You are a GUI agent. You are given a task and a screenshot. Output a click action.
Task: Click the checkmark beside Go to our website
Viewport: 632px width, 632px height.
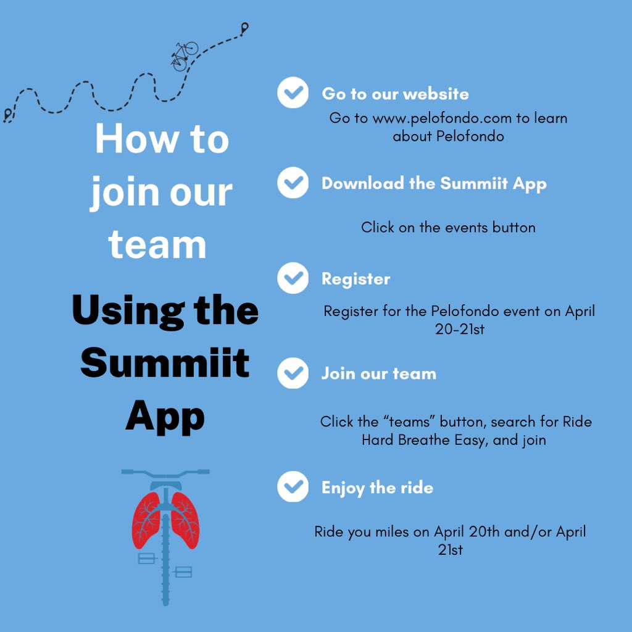[293, 93]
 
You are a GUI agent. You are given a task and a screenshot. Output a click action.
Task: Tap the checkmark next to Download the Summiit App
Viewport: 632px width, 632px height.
[293, 183]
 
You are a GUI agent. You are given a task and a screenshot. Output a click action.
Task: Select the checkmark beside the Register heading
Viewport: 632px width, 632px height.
[293, 278]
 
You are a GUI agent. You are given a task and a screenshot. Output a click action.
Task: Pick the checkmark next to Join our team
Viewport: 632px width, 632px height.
[293, 373]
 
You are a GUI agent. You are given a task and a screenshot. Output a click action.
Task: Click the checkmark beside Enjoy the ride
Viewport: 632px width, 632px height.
[293, 487]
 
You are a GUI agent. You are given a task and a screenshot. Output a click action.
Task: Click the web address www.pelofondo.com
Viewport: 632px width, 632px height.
[443, 118]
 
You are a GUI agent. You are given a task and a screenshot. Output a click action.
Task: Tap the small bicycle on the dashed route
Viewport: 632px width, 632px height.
[184, 55]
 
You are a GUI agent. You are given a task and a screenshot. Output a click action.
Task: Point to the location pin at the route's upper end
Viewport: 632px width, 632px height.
[245, 28]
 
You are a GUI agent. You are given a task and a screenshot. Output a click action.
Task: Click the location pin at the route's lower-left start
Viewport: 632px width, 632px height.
[7, 114]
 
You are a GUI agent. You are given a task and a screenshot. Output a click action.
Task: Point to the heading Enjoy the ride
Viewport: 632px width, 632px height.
[377, 488]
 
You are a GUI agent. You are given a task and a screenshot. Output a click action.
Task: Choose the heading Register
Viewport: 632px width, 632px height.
[355, 279]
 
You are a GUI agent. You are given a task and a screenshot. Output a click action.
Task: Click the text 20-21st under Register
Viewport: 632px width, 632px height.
[459, 330]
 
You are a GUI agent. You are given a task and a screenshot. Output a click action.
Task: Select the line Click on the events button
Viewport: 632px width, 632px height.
[448, 227]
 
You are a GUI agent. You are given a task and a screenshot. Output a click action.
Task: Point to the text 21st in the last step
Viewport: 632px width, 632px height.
[450, 550]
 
